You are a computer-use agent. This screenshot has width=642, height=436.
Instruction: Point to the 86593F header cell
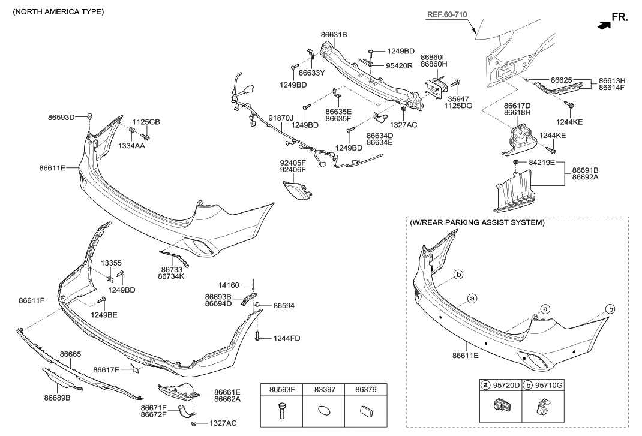(x=281, y=389)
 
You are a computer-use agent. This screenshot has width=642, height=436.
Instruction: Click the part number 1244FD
(x=286, y=339)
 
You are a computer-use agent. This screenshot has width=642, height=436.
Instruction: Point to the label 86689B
(x=58, y=397)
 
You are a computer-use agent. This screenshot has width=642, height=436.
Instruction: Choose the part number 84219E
(x=542, y=163)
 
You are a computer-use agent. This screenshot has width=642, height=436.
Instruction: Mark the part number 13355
(x=111, y=263)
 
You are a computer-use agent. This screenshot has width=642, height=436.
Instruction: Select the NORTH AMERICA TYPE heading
(x=55, y=11)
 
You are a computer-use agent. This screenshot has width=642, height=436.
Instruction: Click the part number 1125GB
(x=146, y=122)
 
